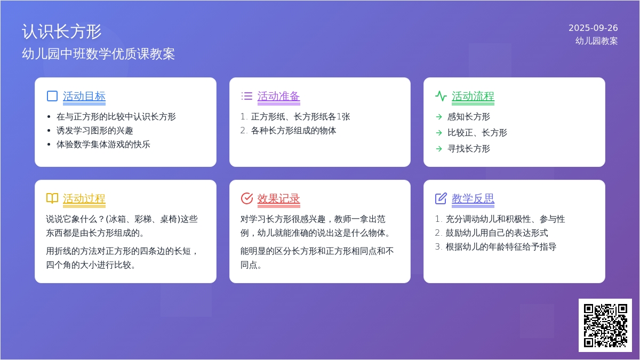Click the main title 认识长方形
coord(61,31)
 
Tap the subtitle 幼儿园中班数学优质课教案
coord(98,54)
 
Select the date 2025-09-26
coord(593,28)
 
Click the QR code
coord(605,325)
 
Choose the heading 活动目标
coord(84,97)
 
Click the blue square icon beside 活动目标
coord(52,96)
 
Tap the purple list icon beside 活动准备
coord(246,96)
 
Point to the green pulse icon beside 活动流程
coord(441,96)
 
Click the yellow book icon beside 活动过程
coord(52,198)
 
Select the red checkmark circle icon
coord(247,198)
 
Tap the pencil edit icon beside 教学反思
coord(441,198)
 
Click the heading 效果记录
coord(278,198)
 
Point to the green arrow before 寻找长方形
coord(439,149)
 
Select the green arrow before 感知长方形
coord(439,117)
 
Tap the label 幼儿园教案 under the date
coord(597,41)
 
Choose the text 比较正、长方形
coord(477,133)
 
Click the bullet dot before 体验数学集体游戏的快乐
coord(49,145)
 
